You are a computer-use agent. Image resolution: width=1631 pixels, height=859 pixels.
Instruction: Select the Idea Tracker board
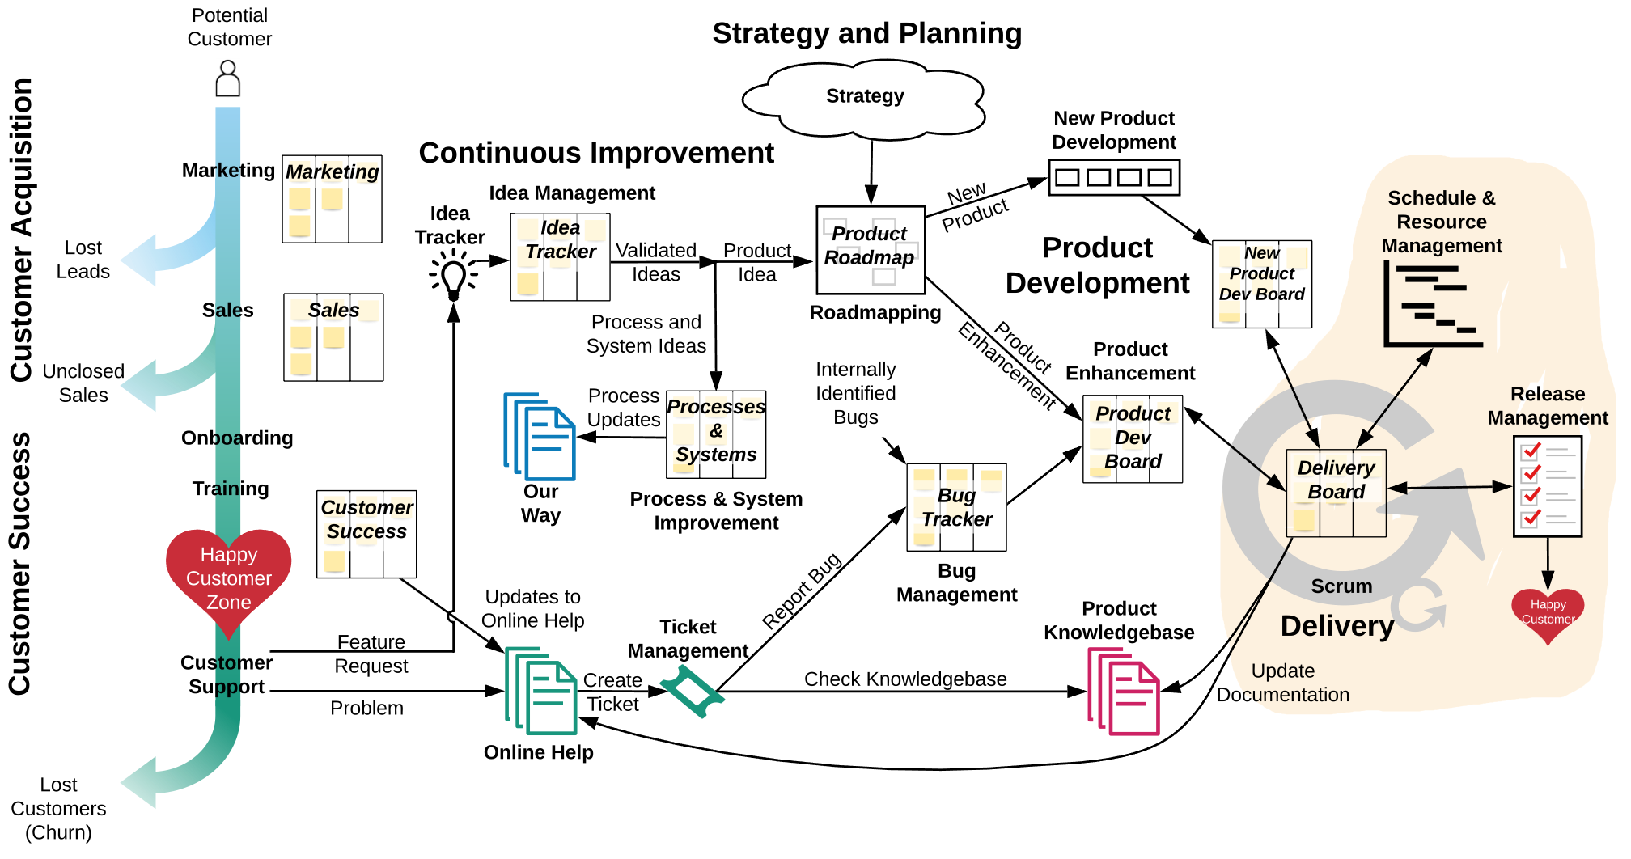point(561,256)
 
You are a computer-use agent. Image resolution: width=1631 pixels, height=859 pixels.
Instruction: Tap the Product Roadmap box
point(870,249)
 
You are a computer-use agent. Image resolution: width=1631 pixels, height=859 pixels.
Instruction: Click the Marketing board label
point(333,171)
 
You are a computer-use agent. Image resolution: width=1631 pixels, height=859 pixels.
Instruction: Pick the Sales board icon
point(335,338)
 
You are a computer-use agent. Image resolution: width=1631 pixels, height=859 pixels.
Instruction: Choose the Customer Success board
point(368,534)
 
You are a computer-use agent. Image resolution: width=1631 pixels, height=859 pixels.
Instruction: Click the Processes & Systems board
point(717,434)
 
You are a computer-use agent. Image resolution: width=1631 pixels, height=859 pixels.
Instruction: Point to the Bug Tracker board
point(957,510)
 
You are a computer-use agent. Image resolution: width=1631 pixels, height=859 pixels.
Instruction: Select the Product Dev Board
point(1133,438)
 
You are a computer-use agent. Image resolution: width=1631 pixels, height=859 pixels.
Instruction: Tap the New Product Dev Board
point(1262,285)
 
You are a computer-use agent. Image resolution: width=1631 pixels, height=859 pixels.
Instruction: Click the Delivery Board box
point(1336,493)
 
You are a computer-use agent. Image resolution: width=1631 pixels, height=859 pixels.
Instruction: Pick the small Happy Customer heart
point(1548,614)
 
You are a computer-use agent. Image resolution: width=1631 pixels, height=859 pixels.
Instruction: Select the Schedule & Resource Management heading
point(1442,222)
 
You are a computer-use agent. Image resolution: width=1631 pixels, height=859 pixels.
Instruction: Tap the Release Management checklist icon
point(1548,486)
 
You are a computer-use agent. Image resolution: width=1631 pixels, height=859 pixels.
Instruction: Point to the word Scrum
point(1341,586)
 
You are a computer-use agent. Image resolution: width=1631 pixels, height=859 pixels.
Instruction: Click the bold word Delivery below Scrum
point(1337,626)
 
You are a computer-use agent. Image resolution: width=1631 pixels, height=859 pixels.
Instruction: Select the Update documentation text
point(1290,683)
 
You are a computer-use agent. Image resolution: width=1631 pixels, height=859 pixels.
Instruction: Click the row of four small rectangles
point(1114,177)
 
